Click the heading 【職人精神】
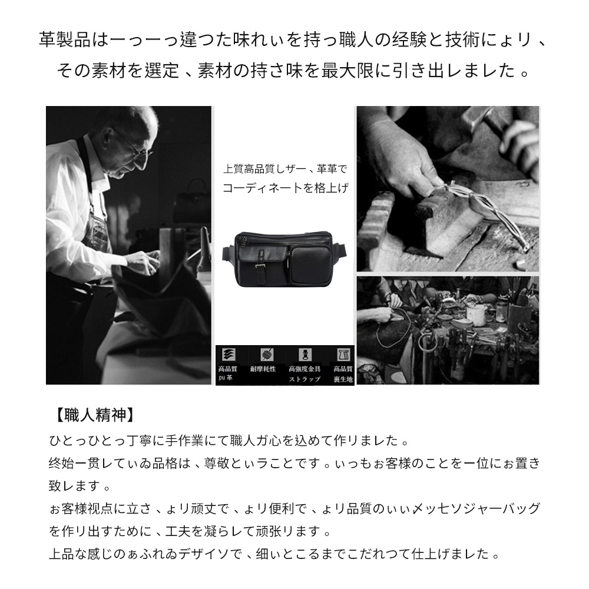coord(90,414)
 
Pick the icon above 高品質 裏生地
coord(342,355)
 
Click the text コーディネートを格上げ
coord(285,189)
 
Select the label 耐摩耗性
coord(263,369)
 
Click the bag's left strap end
coord(227,253)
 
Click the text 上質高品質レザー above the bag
coord(264,169)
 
